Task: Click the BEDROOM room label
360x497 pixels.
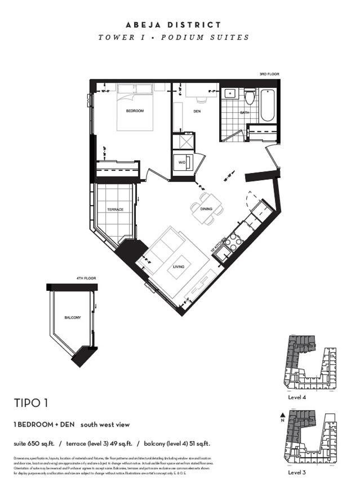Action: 134,111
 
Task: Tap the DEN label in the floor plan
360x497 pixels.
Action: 197,112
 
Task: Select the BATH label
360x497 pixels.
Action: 245,113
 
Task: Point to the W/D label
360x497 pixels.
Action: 182,163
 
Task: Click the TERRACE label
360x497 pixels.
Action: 115,210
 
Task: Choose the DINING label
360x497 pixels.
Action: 206,209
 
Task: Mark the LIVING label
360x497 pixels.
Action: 179,267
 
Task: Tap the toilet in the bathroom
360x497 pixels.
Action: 250,97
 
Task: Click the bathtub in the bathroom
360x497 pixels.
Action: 267,105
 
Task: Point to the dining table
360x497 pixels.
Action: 207,201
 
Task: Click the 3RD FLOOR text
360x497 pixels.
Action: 269,74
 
